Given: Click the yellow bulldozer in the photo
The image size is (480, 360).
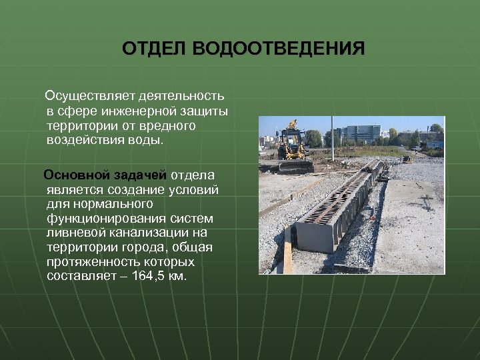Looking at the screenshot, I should (293, 146).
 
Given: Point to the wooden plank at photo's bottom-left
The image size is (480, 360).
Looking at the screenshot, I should (287, 256).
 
